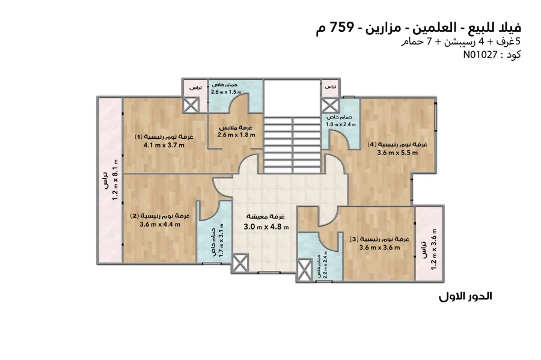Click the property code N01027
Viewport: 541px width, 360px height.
click(x=480, y=55)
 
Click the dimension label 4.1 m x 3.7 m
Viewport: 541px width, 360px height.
click(x=164, y=145)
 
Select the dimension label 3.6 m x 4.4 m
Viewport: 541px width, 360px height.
click(x=160, y=224)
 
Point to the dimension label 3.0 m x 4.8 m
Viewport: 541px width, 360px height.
click(x=266, y=227)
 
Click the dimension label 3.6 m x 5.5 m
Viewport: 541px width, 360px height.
click(x=397, y=153)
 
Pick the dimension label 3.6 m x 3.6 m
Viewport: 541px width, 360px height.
click(x=379, y=247)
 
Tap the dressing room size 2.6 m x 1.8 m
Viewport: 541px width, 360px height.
click(x=236, y=135)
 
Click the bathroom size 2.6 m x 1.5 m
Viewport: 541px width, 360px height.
click(x=226, y=92)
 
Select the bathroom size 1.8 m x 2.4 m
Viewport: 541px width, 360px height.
click(x=341, y=124)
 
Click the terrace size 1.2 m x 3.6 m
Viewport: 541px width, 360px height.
click(x=434, y=249)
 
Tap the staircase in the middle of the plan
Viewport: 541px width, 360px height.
click(x=292, y=144)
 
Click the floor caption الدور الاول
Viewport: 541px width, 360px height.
click(x=465, y=296)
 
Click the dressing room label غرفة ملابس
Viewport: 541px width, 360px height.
click(x=236, y=127)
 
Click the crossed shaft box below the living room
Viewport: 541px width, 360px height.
click(x=240, y=263)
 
